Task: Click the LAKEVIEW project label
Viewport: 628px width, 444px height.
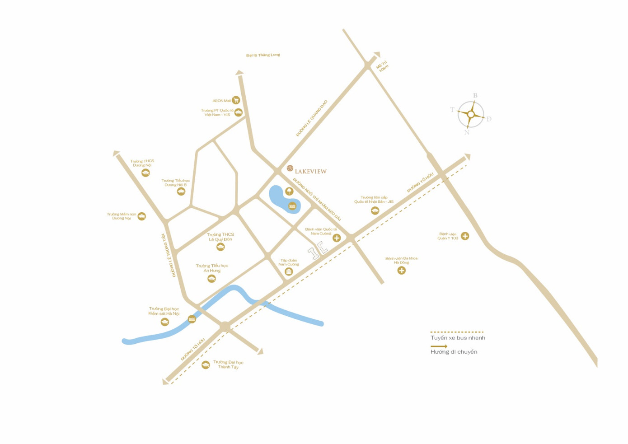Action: point(310,172)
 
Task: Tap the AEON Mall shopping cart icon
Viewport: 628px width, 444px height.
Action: point(236,100)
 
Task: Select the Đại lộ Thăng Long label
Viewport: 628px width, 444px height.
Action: point(263,55)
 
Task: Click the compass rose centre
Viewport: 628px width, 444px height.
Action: point(471,114)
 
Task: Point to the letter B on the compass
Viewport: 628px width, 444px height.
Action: point(475,96)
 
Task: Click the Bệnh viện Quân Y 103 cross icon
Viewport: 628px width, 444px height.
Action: point(465,236)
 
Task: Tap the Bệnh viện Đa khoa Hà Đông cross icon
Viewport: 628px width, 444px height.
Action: point(401,271)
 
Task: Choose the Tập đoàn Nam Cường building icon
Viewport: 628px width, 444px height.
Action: point(289,271)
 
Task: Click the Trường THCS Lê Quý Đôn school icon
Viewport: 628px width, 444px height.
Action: point(220,247)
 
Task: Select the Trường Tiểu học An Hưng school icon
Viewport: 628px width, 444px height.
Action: point(211,279)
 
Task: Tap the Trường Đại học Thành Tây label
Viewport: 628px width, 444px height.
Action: point(228,365)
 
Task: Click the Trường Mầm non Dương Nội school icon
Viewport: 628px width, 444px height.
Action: point(142,216)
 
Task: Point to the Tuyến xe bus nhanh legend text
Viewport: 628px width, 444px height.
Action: point(458,338)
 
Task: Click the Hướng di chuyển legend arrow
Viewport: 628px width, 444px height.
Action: point(439,346)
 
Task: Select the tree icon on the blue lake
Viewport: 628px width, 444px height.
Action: point(289,192)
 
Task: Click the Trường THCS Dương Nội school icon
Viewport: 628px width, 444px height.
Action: point(145,173)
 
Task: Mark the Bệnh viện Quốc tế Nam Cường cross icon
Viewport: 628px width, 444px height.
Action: point(337,238)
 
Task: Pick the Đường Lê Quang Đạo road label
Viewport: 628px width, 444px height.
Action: point(312,118)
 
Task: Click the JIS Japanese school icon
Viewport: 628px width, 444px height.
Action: point(375,210)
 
